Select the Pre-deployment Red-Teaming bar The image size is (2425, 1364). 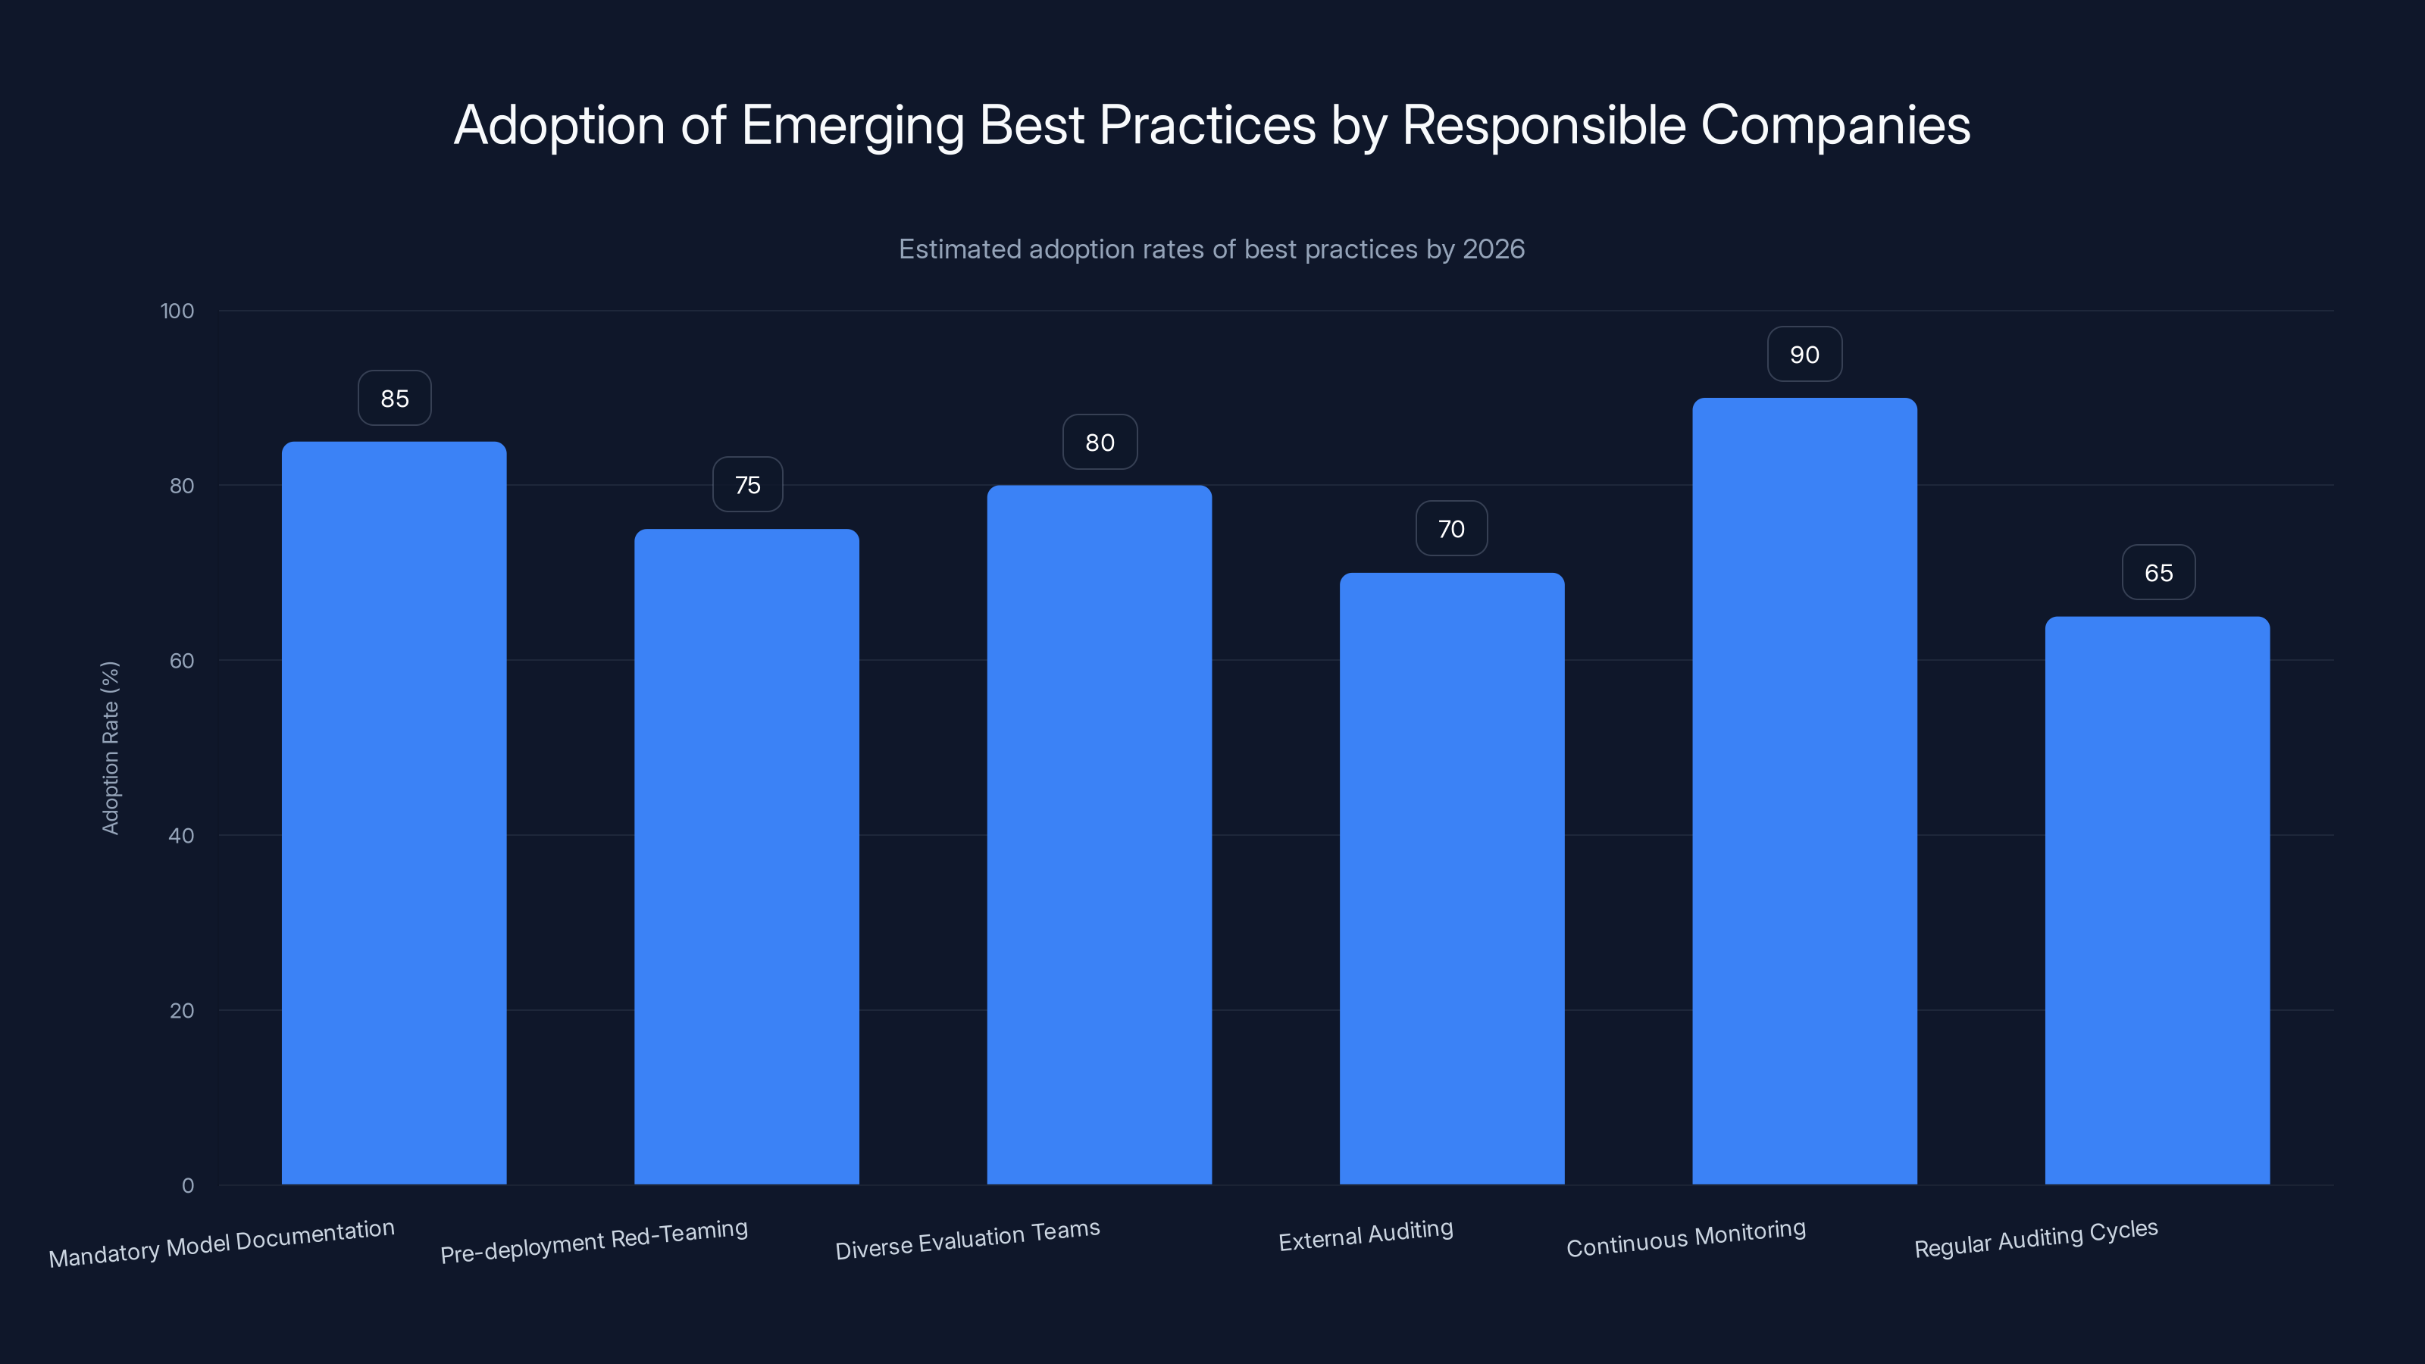pyautogui.click(x=746, y=856)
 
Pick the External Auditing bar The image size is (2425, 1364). pyautogui.click(x=1452, y=878)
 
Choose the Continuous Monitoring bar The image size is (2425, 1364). pyautogui.click(x=1804, y=790)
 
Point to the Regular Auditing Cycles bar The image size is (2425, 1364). pyautogui.click(x=2157, y=900)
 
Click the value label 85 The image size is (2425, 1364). pyautogui.click(x=394, y=398)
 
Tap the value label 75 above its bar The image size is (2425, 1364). pyautogui.click(x=747, y=485)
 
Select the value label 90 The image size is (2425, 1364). pyautogui.click(x=1804, y=355)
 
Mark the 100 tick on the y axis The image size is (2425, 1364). pyautogui.click(x=177, y=311)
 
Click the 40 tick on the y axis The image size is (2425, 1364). pyautogui.click(x=181, y=835)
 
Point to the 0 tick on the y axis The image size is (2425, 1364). pyautogui.click(x=187, y=1185)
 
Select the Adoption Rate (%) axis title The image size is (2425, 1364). pyautogui.click(x=110, y=747)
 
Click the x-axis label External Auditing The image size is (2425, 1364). pyautogui.click(x=1365, y=1235)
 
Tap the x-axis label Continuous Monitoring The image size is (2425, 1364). pyautogui.click(x=1685, y=1238)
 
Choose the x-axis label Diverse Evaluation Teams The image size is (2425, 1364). pyautogui.click(x=967, y=1240)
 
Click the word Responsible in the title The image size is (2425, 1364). pyautogui.click(x=1543, y=125)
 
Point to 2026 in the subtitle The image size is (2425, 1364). pyautogui.click(x=1493, y=249)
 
